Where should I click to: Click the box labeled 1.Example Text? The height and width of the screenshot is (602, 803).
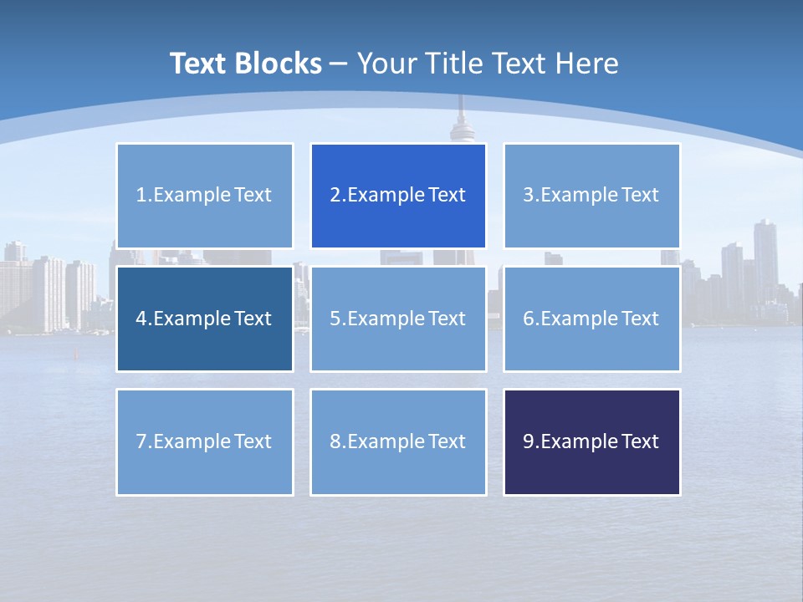click(204, 196)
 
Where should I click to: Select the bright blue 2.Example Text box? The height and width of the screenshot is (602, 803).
click(398, 196)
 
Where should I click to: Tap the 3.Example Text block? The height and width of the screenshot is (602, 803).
click(591, 196)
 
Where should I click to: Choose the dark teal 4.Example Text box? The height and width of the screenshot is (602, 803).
click(204, 319)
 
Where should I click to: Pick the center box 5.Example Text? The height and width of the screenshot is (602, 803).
click(398, 319)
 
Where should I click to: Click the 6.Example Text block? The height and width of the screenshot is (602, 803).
click(591, 319)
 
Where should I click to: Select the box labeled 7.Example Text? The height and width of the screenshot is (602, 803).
click(204, 441)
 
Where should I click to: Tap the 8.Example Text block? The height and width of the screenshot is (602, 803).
click(398, 441)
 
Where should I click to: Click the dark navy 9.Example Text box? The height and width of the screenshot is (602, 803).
click(591, 441)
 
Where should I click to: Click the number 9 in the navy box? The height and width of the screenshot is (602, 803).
click(529, 441)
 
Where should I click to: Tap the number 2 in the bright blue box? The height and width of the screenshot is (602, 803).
click(335, 196)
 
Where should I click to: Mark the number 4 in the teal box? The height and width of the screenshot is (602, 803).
click(141, 319)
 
